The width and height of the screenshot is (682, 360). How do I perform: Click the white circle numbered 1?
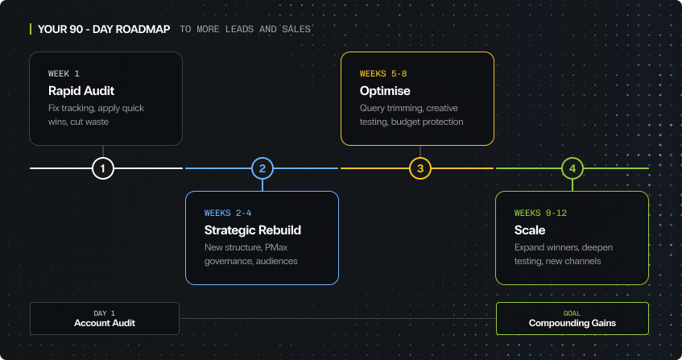coord(103,168)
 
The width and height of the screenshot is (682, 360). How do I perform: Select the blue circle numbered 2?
coord(262,168)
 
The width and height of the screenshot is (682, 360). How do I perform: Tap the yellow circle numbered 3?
coord(420,168)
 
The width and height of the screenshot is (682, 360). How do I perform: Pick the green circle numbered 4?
coord(572,168)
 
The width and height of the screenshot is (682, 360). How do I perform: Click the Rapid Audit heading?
coord(79,90)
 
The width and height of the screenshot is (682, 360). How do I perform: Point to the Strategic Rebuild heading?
coord(252,230)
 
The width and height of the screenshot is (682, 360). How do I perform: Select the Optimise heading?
coord(385,91)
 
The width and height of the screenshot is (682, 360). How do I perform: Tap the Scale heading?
coord(530,230)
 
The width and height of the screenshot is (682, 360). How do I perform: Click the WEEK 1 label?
coord(64,73)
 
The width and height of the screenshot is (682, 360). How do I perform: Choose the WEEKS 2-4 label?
coord(229,213)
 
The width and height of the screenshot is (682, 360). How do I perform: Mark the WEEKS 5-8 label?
coord(383,73)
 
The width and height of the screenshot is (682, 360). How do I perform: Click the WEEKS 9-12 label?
coord(542,213)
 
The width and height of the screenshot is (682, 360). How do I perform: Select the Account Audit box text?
coord(105,323)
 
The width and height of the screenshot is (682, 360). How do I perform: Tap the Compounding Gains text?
coord(572,324)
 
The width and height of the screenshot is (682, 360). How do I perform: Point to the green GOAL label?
coord(572,312)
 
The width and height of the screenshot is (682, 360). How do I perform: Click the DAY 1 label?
coord(105,312)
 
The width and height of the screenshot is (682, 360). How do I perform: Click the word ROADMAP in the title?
coord(142,29)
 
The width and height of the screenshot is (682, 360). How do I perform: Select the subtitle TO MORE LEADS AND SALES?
coord(246,30)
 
